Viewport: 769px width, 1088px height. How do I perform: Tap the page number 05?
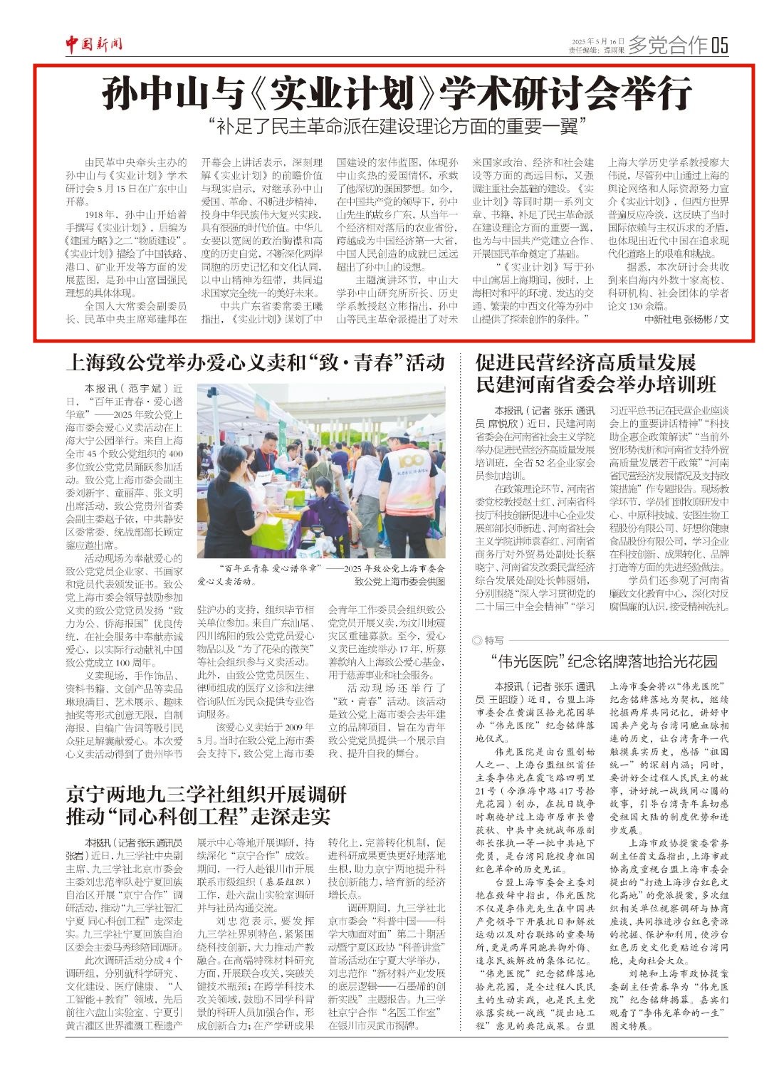719,45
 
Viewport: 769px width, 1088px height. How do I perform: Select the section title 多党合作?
668,45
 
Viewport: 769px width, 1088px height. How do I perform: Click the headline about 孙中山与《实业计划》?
397,94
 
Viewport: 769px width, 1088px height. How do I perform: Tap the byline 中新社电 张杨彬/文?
686,319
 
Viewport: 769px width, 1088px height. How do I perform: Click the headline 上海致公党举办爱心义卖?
255,362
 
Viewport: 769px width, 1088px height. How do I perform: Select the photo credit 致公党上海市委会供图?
399,581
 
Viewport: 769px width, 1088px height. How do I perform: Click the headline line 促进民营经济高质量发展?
585,362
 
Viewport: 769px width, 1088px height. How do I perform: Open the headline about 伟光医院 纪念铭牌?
604,661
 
